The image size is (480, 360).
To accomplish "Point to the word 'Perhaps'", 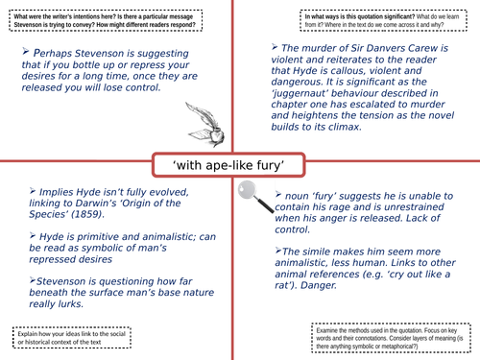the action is click(60, 52).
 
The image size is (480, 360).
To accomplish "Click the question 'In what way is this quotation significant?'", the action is click(323, 14).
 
